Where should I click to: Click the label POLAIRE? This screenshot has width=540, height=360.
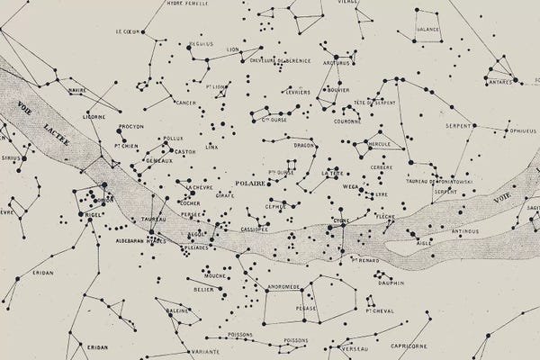coord(250,183)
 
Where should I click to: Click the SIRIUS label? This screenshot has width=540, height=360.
coord(12,157)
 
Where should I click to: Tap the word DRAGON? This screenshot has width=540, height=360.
coord(307,144)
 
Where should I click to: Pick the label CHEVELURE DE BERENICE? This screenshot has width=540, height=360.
coord(282,59)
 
